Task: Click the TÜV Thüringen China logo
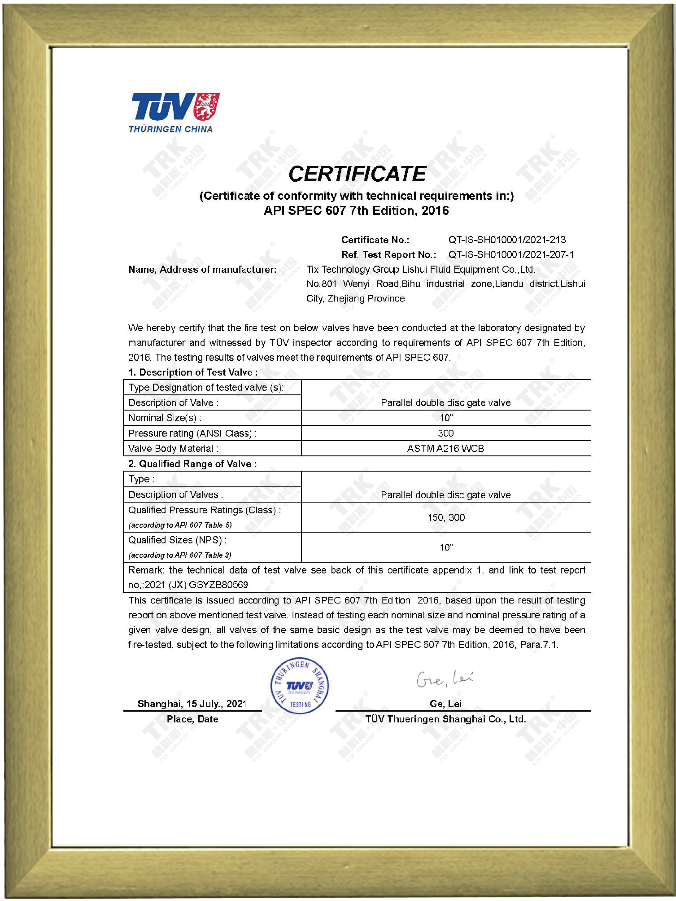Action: [174, 113]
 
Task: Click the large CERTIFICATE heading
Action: [357, 174]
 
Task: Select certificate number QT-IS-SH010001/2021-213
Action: [507, 240]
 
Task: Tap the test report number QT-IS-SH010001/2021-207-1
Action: [511, 254]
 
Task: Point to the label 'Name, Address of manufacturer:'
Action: [202, 269]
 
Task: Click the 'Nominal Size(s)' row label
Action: [165, 418]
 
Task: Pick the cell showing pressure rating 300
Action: [445, 433]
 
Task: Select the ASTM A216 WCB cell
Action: [445, 448]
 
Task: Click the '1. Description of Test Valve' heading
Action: [193, 372]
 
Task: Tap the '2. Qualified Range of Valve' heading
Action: [192, 464]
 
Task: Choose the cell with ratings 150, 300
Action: [446, 517]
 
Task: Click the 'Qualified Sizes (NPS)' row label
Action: [177, 540]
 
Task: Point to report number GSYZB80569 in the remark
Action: [218, 585]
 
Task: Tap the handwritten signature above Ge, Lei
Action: [445, 679]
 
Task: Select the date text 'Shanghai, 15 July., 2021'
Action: [192, 704]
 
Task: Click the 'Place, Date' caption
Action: [192, 719]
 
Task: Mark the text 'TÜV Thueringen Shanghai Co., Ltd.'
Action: [445, 719]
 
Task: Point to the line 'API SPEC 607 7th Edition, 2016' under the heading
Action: [356, 210]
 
